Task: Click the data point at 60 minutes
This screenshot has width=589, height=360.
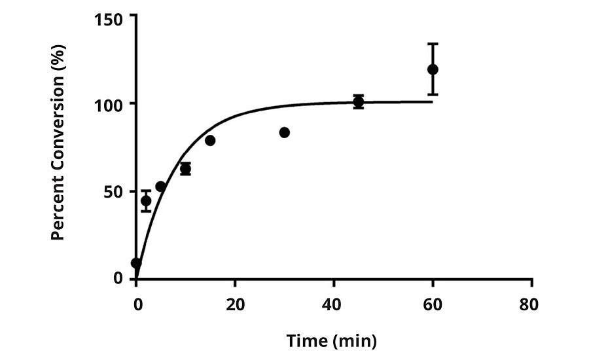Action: click(433, 69)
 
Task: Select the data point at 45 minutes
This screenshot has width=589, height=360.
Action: click(359, 101)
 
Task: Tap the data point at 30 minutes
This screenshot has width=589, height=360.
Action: click(284, 132)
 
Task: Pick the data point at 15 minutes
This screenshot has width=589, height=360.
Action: click(210, 141)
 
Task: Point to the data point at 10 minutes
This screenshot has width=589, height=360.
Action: click(185, 169)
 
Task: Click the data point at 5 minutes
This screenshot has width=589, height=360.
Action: click(160, 187)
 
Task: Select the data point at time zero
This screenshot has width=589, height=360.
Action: click(136, 263)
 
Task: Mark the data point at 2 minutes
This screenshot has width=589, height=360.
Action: click(146, 201)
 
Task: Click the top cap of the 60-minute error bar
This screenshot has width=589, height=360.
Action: click(433, 44)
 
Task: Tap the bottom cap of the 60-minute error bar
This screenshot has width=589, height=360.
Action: click(433, 95)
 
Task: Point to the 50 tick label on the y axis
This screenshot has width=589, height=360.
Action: click(115, 192)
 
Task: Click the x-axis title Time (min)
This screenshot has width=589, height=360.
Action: click(331, 340)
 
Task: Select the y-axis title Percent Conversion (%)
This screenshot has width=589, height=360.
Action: click(58, 149)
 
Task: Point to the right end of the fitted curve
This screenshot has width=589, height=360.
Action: click(432, 101)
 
